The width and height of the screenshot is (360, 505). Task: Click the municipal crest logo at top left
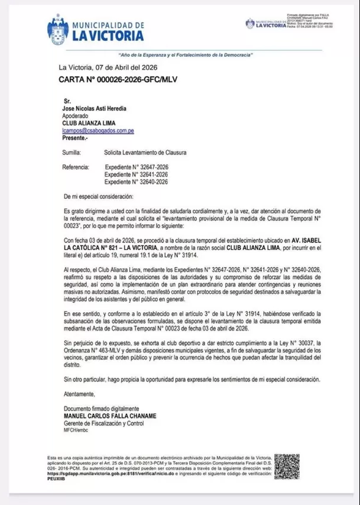(x=57, y=29)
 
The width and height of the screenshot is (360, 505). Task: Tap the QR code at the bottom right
(x=286, y=467)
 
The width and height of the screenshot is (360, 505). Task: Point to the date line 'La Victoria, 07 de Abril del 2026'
(x=107, y=67)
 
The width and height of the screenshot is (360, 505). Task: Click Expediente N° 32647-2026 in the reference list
(x=136, y=167)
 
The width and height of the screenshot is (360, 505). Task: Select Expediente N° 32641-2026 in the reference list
(x=136, y=174)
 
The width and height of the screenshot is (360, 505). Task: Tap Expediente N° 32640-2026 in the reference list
(x=136, y=182)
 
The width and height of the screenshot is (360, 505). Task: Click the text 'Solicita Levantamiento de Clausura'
(x=145, y=153)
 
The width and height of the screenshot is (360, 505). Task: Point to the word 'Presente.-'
(x=75, y=137)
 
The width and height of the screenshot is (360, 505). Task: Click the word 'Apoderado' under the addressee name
(x=76, y=116)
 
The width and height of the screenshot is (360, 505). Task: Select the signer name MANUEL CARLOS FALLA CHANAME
(x=109, y=416)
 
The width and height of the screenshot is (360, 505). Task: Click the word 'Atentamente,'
(x=79, y=394)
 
